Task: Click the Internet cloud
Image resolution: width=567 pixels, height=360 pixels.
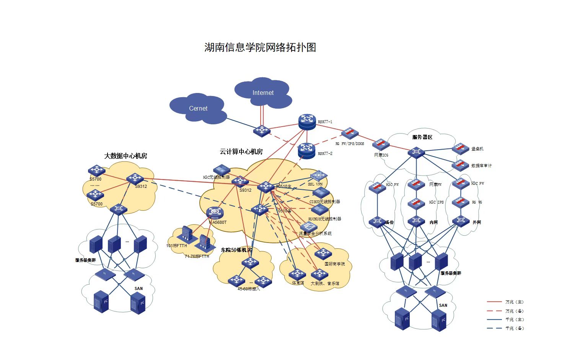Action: click(x=263, y=93)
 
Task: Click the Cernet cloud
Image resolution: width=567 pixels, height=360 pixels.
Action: click(x=198, y=108)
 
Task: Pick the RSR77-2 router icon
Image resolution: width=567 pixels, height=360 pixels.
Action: click(x=306, y=150)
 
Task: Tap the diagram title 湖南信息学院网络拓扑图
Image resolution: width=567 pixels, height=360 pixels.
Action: click(x=260, y=47)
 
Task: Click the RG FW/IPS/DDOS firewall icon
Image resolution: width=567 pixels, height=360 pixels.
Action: click(x=350, y=134)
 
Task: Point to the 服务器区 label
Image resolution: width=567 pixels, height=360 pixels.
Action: click(x=422, y=137)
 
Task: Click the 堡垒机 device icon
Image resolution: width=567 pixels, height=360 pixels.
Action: click(x=460, y=148)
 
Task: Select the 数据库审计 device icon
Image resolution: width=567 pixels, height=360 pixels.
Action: click(x=460, y=165)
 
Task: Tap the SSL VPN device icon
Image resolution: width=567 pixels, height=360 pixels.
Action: click(x=318, y=176)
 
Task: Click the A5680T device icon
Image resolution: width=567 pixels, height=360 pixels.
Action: click(x=215, y=213)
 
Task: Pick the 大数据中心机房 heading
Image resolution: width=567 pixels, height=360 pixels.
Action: click(x=125, y=156)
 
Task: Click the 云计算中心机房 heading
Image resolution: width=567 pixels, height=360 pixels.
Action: click(x=241, y=151)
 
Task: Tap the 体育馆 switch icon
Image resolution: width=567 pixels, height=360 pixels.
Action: click(x=297, y=274)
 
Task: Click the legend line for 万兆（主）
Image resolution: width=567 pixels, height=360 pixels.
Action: click(x=494, y=302)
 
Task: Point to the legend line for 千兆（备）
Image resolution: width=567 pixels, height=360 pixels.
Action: click(x=494, y=328)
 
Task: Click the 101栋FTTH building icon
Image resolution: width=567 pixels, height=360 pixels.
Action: click(x=187, y=233)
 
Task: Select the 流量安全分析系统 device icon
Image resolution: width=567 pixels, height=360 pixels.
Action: click(x=308, y=226)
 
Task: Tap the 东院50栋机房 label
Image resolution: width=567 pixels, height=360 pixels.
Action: click(x=236, y=250)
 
